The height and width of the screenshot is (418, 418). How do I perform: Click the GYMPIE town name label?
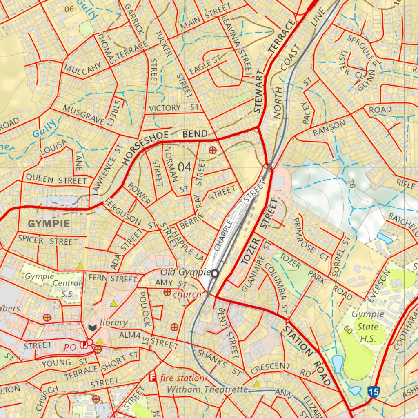coord(49,224)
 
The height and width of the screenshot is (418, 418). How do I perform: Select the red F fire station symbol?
coord(153,378)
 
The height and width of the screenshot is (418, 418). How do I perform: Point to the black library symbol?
coord(93,327)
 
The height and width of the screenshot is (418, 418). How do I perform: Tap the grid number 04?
coord(185,167)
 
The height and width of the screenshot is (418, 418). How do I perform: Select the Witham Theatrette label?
coord(208,390)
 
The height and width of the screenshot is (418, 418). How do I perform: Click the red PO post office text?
coord(70,347)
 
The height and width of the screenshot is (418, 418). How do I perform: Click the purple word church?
coord(187,294)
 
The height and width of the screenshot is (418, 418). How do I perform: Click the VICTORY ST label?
coord(173,108)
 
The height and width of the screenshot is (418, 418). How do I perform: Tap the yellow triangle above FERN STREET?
coord(80,266)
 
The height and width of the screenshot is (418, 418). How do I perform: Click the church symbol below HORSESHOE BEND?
coord(212,150)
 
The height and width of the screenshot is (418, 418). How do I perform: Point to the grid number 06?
coord(69,9)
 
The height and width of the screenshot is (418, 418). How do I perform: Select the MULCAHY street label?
coord(82,68)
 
